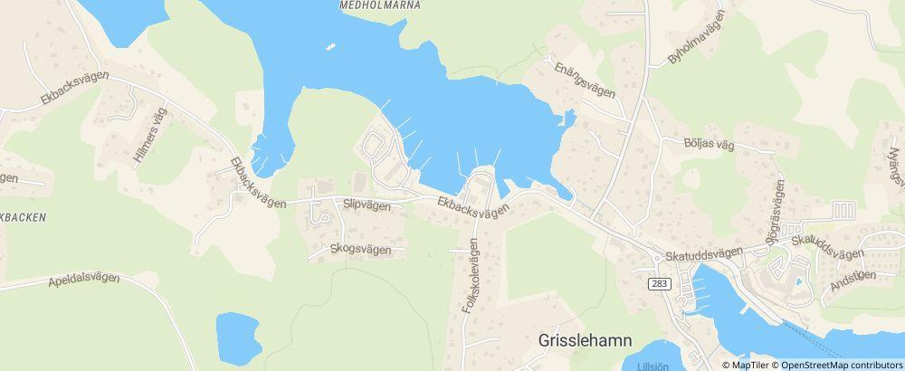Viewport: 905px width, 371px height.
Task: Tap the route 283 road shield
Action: click(659, 283)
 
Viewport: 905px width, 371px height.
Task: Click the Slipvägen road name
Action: click(367, 205)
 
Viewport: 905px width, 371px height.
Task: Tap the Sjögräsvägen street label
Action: click(779, 201)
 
